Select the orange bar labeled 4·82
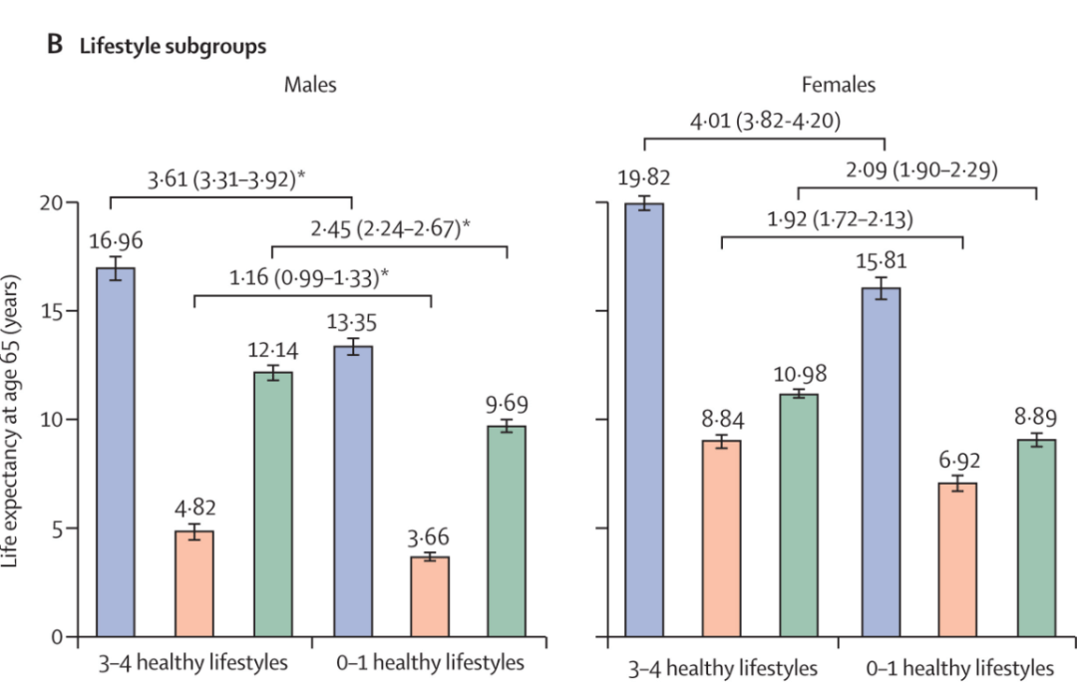(x=194, y=583)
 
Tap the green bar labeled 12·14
(x=273, y=504)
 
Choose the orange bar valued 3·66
(x=430, y=596)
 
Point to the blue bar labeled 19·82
(x=644, y=420)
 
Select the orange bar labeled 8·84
(x=722, y=538)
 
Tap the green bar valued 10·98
(x=800, y=515)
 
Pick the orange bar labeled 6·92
(x=957, y=559)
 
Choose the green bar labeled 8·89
(x=1037, y=537)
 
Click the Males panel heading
(x=309, y=85)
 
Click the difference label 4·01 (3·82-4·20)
(x=765, y=123)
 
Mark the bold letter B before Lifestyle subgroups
(x=56, y=45)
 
